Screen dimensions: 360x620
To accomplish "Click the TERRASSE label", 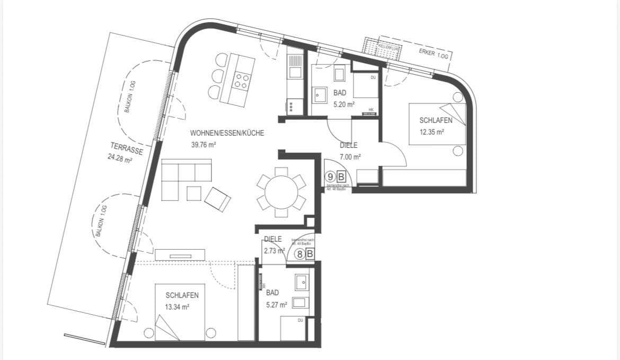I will tap(127, 148).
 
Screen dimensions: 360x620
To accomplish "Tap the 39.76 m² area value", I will tap(203, 144).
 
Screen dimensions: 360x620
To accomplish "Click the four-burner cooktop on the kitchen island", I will tap(242, 81).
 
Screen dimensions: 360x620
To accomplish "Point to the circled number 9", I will tap(331, 177).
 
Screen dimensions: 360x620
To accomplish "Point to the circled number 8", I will tap(300, 254).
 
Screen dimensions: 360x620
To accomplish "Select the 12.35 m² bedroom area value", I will tap(431, 133).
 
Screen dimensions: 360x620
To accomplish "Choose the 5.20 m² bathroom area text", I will tap(343, 104).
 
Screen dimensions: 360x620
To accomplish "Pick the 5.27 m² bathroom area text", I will tap(276, 304).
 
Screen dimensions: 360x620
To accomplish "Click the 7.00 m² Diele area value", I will tap(350, 157).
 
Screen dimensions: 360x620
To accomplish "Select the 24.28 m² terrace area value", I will tap(120, 157).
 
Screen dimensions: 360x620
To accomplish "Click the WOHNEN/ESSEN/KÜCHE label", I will tap(227, 133).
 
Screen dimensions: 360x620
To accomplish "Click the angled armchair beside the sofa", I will tap(218, 199).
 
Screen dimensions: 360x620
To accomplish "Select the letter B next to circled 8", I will tap(310, 254).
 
